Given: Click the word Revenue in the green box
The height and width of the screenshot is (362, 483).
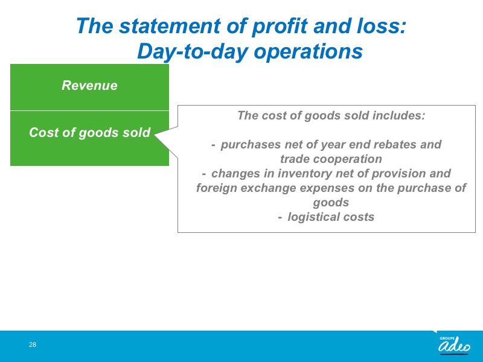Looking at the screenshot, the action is (89, 85).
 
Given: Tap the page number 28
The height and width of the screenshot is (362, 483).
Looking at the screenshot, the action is (33, 345).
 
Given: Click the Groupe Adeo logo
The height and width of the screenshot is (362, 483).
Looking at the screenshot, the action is (455, 345).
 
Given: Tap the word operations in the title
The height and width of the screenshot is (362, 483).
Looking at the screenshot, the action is (308, 52).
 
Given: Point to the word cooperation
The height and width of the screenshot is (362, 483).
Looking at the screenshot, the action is (348, 159).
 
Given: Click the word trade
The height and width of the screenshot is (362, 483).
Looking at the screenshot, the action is (295, 159).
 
